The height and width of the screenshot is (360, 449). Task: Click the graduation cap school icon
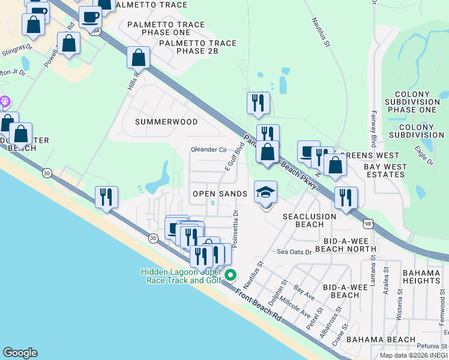(265, 193)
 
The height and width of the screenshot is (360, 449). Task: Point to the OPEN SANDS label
(220, 194)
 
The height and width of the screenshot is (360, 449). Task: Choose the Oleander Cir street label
(208, 149)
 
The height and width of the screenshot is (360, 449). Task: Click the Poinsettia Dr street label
(235, 229)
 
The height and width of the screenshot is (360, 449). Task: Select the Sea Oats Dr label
(294, 252)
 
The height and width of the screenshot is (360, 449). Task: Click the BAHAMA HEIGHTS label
(421, 277)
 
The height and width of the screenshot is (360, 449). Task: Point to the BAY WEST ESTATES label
(385, 170)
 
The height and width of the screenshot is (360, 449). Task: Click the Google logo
(20, 353)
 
